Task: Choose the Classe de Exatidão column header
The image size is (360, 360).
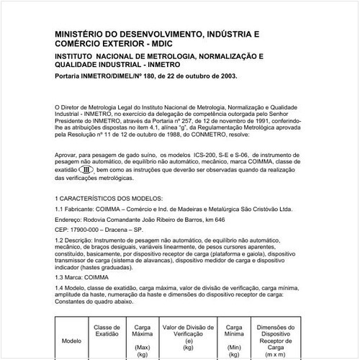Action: [107, 332]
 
